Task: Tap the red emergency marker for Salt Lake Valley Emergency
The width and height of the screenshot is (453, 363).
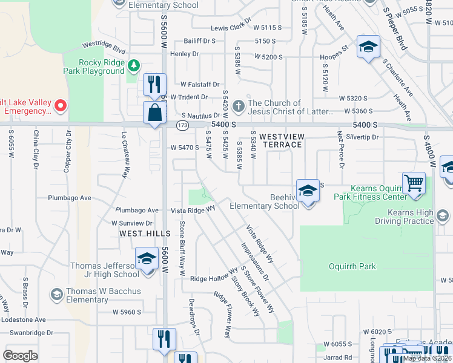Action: click(61, 106)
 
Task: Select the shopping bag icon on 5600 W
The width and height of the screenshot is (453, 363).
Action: click(154, 113)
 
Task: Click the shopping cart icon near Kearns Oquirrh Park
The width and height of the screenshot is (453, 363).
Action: click(414, 183)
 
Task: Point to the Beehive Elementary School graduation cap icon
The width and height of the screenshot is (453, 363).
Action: click(308, 191)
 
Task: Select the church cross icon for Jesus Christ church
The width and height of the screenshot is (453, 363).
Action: click(239, 106)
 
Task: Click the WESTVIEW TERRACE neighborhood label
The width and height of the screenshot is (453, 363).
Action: click(281, 141)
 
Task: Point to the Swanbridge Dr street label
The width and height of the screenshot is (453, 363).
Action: click(28, 333)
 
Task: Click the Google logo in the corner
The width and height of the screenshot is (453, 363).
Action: click(20, 356)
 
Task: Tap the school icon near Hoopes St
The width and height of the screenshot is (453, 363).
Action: click(368, 47)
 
